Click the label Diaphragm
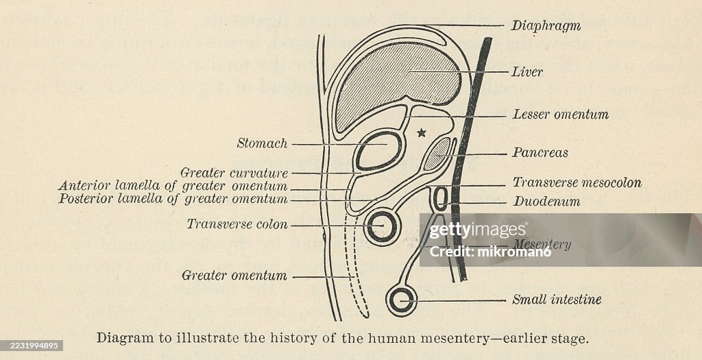(546, 26)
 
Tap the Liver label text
(527, 71)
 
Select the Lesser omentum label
(560, 115)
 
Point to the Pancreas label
(540, 152)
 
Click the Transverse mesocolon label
(577, 183)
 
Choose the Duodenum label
(546, 202)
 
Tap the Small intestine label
(557, 300)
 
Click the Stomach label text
(262, 143)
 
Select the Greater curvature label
(234, 173)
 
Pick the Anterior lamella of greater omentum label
(173, 186)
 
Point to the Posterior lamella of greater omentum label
(173, 199)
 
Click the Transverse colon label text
(237, 224)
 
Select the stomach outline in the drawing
(378, 151)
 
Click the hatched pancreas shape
(437, 154)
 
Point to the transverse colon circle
(381, 226)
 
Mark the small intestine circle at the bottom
(401, 299)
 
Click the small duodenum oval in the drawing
(441, 198)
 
